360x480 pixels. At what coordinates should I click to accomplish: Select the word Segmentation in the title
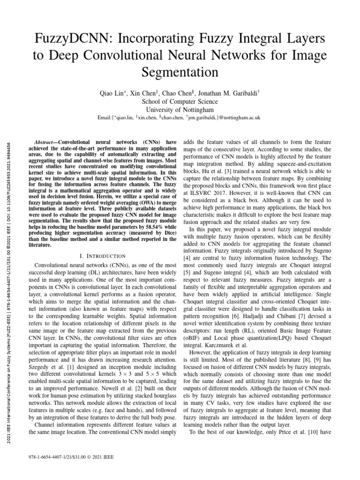(180, 73)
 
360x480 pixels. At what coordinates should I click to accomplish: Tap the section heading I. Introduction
(103, 256)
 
